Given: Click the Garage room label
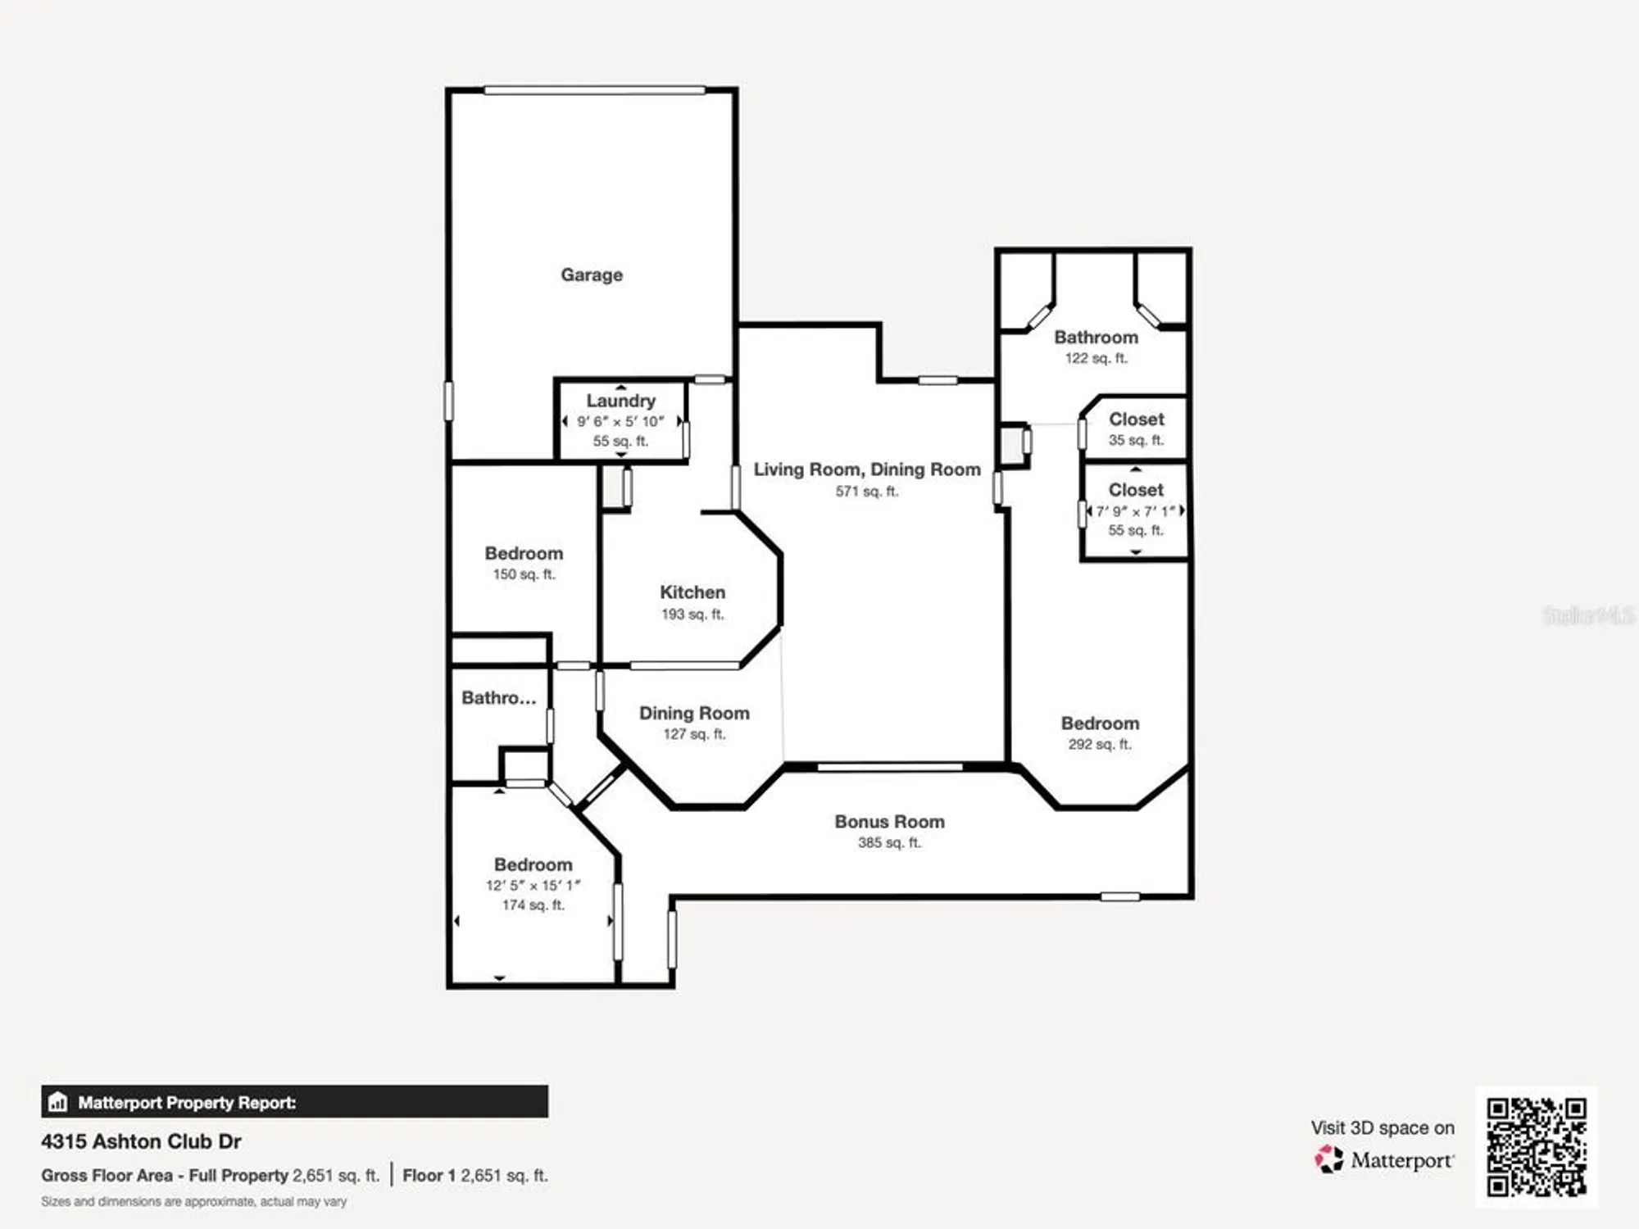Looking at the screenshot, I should point(591,274).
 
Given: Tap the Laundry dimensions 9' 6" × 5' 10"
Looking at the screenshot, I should point(620,421).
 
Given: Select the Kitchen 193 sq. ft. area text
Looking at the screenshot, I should point(692,614).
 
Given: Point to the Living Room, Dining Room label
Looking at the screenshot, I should point(866,469).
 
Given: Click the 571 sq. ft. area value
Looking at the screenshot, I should point(866,492).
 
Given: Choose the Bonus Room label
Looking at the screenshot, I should point(889,821).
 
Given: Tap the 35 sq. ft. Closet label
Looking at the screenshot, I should point(1136,419).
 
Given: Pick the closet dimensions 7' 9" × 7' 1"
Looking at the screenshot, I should point(1135,510).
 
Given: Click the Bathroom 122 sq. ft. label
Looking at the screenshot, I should point(1096,338).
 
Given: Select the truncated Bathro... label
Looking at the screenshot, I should point(498,698).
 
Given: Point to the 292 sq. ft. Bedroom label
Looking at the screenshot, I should point(1100,723).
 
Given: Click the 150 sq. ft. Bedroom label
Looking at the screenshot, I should point(524,554).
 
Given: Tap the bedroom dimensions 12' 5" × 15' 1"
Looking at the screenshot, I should point(533,885).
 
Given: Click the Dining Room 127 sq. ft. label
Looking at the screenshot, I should point(694,714).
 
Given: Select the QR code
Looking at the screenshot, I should point(1536,1147).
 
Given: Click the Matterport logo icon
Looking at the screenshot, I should point(1328,1159).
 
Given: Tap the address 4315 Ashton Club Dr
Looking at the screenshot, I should point(141,1141).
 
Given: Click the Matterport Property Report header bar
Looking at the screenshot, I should point(294,1102).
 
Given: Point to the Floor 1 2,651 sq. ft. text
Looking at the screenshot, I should point(474,1176).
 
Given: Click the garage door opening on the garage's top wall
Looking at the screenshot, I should point(594,90).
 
